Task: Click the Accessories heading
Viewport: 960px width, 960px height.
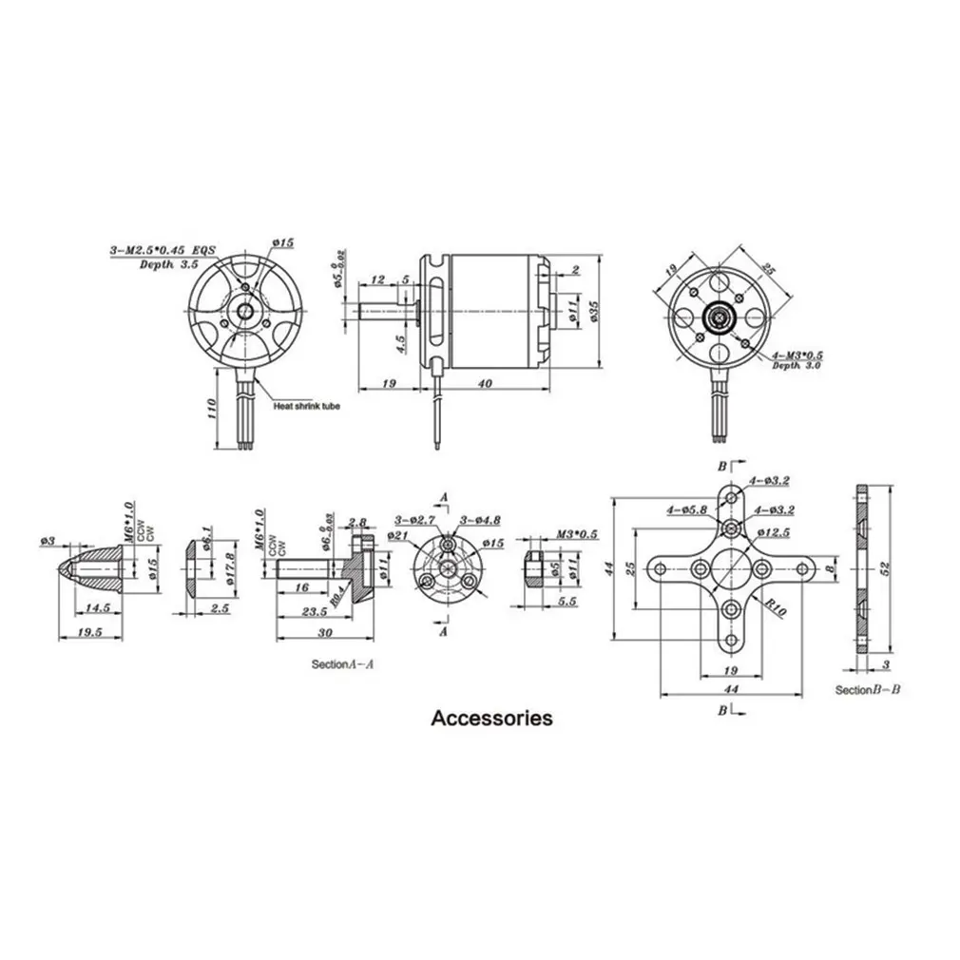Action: pos(491,718)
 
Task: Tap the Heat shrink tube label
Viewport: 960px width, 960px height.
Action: pos(305,406)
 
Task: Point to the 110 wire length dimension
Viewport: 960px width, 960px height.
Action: pos(212,408)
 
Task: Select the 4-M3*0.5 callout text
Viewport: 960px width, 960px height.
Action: pos(797,355)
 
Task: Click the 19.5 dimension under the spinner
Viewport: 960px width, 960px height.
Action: pos(90,630)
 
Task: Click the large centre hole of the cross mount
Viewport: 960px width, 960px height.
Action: pos(730,568)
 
